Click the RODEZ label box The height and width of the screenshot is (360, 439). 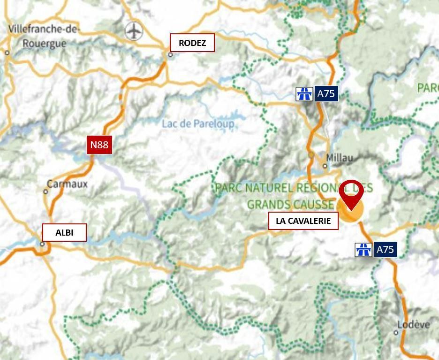[192, 43]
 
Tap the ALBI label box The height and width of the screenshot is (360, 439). [64, 232]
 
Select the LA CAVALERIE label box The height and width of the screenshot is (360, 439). [303, 221]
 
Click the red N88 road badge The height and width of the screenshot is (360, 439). [99, 145]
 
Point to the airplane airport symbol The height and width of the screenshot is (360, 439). [134, 31]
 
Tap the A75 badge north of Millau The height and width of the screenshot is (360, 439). [326, 94]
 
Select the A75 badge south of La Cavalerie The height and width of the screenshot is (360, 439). [385, 250]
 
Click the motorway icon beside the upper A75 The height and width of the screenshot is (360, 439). [304, 94]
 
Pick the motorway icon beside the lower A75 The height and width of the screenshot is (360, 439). [363, 250]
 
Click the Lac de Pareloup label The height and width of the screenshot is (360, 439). [198, 124]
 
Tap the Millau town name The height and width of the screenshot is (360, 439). [340, 158]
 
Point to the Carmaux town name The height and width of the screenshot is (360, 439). [68, 184]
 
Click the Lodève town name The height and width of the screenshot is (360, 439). [413, 325]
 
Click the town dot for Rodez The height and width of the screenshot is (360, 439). [170, 54]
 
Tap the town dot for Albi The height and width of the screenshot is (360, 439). [42, 244]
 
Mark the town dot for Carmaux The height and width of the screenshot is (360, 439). [45, 191]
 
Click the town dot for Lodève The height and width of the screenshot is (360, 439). [396, 333]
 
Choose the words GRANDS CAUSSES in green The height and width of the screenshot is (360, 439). [291, 205]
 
